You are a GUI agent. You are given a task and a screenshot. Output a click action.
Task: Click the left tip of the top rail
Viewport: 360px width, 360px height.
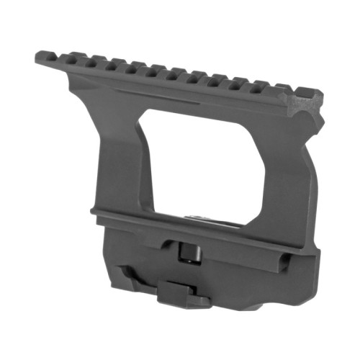coord(38,57)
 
